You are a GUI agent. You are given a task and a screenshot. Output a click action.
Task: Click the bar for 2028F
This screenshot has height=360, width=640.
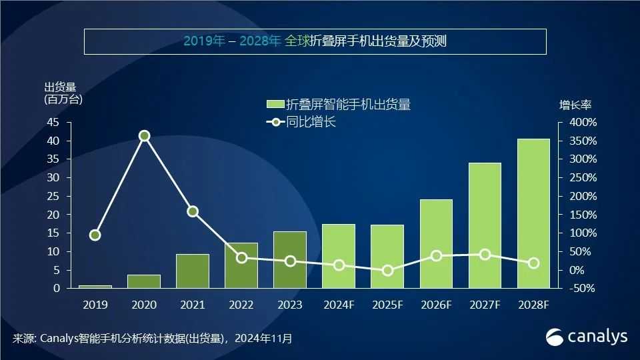pyautogui.click(x=533, y=213)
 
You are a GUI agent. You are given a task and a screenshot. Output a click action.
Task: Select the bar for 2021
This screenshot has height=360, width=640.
pyautogui.click(x=193, y=271)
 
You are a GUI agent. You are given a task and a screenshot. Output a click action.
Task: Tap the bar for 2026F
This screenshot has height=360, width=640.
pyautogui.click(x=436, y=243)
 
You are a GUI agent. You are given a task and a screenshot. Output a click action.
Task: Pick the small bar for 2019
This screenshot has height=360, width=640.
pyautogui.click(x=95, y=286)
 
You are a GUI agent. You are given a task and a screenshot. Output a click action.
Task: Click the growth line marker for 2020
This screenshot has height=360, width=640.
pyautogui.click(x=144, y=136)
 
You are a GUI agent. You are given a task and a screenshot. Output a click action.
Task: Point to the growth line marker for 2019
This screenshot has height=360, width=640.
pyautogui.click(x=95, y=235)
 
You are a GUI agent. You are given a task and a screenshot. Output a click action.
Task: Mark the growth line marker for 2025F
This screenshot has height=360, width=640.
pyautogui.click(x=387, y=271)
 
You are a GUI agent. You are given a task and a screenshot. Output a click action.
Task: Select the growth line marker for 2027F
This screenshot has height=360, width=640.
pyautogui.click(x=485, y=255)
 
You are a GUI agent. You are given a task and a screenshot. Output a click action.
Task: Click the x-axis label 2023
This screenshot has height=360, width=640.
pyautogui.click(x=290, y=305)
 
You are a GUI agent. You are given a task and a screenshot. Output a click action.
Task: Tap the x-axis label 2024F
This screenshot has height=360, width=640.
pyautogui.click(x=339, y=305)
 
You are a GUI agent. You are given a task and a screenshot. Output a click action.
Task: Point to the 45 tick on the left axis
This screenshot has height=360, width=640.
pyautogui.click(x=53, y=123)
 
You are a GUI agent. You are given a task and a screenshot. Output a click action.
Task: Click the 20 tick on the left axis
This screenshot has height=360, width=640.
pyautogui.click(x=53, y=215)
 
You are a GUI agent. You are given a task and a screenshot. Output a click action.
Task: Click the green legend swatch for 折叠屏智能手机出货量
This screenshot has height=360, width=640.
pyautogui.click(x=275, y=105)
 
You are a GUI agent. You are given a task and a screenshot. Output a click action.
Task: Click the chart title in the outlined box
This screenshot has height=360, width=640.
pyautogui.click(x=315, y=41)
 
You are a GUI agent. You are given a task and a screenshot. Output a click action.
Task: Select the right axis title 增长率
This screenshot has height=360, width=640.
pyautogui.click(x=575, y=105)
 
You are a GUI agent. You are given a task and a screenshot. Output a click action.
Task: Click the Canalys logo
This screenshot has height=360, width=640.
pyautogui.click(x=587, y=337)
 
